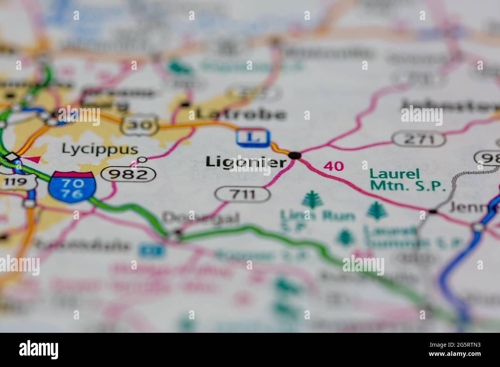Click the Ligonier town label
(246, 162)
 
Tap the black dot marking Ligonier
(295, 155)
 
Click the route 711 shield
(242, 194)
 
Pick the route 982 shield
(129, 175)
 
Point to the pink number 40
(333, 166)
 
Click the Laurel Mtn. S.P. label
(407, 180)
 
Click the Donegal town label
(200, 218)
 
